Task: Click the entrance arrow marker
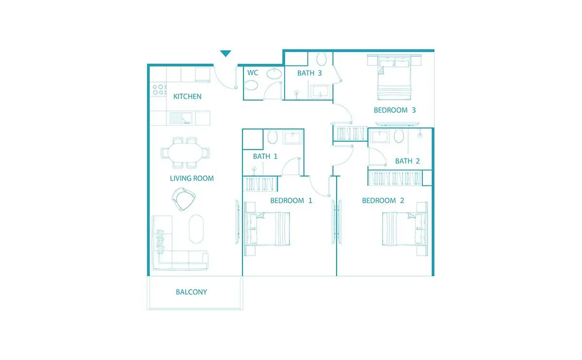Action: coord(225,53)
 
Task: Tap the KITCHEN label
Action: coord(187,97)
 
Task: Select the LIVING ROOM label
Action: coord(192,179)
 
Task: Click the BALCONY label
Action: coord(191,292)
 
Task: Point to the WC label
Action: coord(253,72)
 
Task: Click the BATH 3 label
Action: coord(309,73)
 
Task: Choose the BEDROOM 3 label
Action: coord(395,110)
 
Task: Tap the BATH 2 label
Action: coord(407,161)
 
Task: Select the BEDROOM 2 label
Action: coord(383,201)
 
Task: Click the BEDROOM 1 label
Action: coord(291,201)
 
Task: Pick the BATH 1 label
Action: coord(265,156)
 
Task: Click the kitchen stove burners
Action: coord(159,90)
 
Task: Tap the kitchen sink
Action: coord(181,118)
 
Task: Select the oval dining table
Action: coord(185,152)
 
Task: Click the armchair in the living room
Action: coord(183,199)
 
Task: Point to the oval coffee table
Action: coord(196,229)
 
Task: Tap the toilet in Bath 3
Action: coord(322,59)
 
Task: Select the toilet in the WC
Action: coord(251,85)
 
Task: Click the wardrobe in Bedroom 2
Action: coord(395,178)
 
